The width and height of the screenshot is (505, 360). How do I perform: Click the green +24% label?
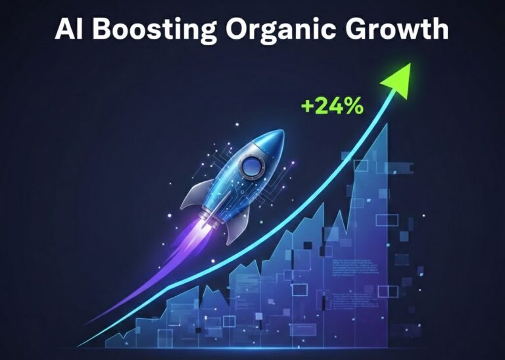(331, 106)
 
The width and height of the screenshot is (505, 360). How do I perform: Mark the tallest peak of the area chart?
(386, 125)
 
